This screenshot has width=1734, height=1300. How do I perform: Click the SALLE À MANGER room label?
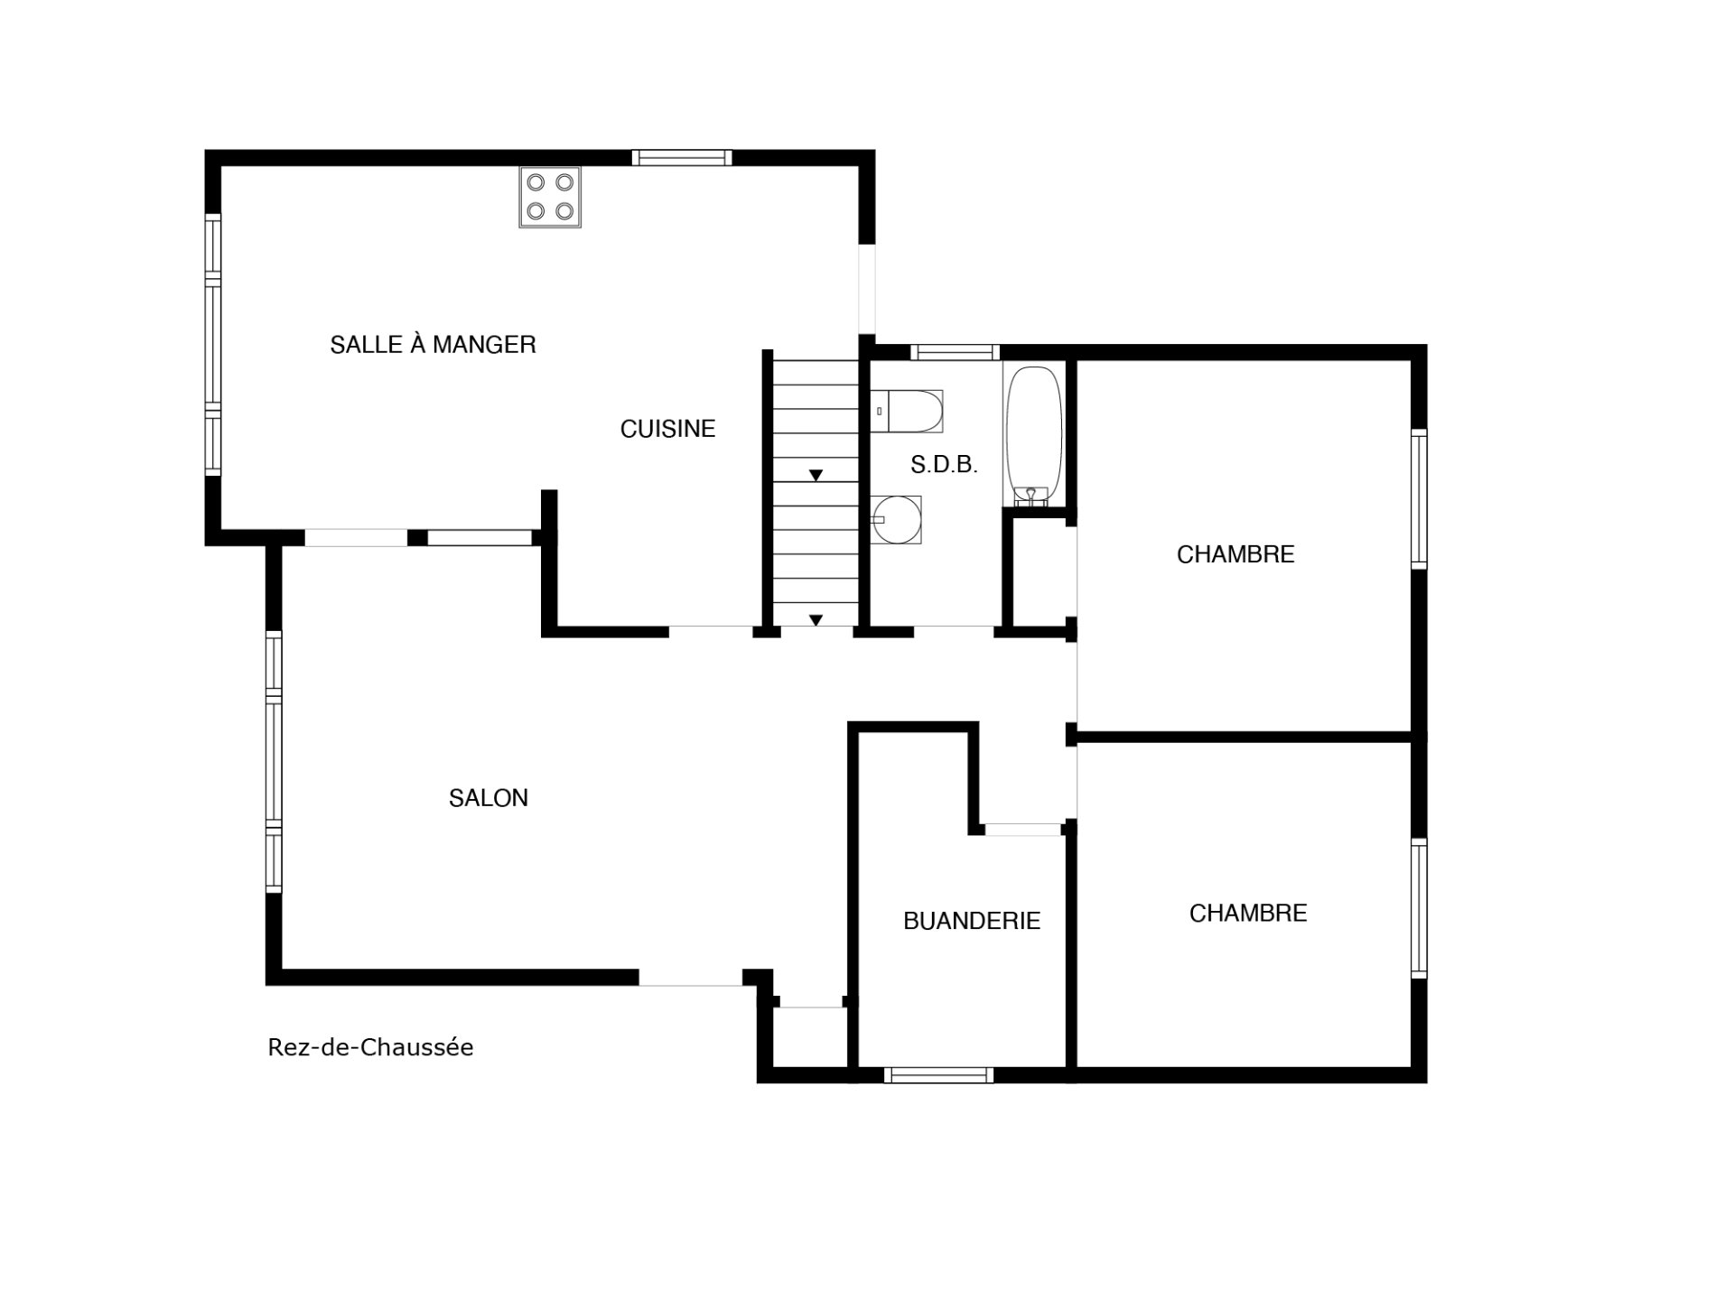pos(433,344)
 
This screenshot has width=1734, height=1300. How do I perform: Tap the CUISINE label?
pos(667,429)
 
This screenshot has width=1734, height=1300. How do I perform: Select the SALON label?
pos(489,798)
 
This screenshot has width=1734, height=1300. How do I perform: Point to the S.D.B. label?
pos(944,465)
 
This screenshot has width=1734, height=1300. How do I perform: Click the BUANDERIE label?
pos(972,921)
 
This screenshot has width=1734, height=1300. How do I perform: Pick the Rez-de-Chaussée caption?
pos(370,1047)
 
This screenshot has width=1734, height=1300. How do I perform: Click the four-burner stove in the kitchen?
pos(550,197)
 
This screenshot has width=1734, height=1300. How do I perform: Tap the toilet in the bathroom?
pos(907,412)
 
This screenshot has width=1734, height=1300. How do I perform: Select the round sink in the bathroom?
pos(897,520)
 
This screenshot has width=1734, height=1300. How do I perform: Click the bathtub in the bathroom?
pos(1034,435)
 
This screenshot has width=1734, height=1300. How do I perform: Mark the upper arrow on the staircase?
pos(816,475)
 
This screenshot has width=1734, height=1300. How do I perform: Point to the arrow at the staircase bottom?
pos(816,620)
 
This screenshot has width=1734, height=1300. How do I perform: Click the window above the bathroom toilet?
pos(955,352)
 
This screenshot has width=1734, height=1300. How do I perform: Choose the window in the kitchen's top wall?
pos(682,158)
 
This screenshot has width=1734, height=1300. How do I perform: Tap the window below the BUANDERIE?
pos(939,1075)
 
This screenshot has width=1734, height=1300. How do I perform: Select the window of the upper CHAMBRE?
pos(1419,499)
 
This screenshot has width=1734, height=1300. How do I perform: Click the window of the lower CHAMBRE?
pos(1419,908)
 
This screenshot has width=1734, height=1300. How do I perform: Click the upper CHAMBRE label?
pos(1235,554)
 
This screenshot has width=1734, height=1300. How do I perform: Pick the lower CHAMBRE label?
pos(1248,914)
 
